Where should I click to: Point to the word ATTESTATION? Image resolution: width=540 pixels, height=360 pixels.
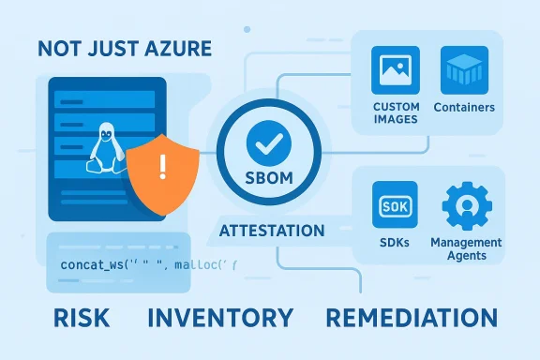271,231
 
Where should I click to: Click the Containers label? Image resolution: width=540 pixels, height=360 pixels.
465,108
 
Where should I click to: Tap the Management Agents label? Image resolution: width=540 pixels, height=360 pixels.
467,248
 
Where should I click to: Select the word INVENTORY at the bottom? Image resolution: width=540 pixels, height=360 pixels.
226,317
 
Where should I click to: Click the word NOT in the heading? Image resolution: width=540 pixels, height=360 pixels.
58,50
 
